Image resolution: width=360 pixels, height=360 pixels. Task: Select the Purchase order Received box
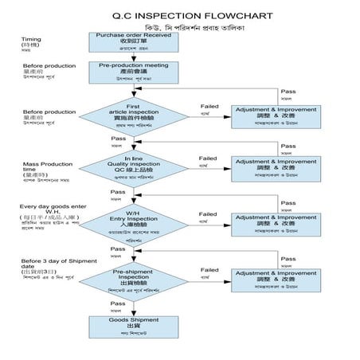132,40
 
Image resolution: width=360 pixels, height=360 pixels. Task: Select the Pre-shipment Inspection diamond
133,278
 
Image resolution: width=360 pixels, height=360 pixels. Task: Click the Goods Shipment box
133,323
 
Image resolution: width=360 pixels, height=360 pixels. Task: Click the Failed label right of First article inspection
209,105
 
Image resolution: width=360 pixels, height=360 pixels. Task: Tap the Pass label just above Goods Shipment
117,303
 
